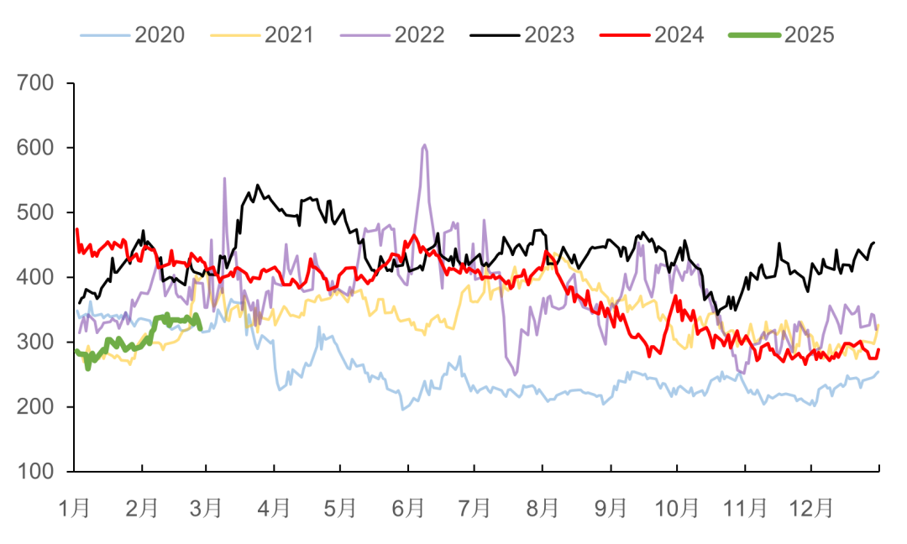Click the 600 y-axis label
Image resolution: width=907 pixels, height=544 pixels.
[x=34, y=148]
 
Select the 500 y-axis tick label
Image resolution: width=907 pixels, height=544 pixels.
[x=34, y=212]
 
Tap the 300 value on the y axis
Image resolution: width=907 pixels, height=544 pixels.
[x=34, y=342]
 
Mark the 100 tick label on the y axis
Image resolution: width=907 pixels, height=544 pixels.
[x=34, y=472]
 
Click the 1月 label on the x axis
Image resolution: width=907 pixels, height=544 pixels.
[x=75, y=508]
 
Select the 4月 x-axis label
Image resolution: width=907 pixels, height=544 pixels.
[x=274, y=508]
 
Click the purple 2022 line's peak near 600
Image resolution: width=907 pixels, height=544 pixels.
[x=424, y=144]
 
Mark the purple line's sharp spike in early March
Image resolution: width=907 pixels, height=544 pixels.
[x=224, y=177]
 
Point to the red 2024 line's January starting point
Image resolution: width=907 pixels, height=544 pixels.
[x=76, y=228]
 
